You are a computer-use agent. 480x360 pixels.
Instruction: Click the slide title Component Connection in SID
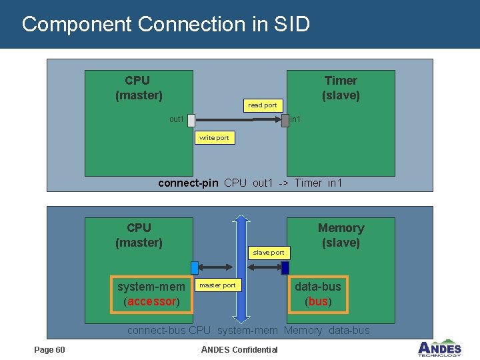click(165, 25)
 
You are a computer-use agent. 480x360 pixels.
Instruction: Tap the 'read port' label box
click(262, 105)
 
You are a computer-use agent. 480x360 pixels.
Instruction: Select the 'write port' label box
click(213, 138)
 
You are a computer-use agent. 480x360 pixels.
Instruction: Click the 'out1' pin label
click(177, 119)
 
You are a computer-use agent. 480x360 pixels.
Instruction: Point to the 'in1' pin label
click(295, 119)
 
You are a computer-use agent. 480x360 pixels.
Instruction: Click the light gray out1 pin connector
click(191, 120)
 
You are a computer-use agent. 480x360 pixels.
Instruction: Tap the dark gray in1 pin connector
click(285, 120)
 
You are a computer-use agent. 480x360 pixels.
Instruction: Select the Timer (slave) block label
click(341, 88)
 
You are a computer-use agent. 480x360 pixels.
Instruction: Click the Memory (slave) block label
click(341, 235)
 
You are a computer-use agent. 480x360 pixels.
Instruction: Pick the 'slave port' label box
click(268, 252)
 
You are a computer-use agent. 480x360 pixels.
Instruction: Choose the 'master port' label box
click(217, 285)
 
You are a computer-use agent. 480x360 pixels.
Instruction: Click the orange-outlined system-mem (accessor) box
click(151, 294)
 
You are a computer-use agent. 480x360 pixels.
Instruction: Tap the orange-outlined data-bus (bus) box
click(318, 294)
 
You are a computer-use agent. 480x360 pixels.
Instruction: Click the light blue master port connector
click(195, 267)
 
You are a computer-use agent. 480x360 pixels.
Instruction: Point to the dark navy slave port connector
click(285, 267)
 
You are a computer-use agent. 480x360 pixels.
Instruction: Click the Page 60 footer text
click(50, 350)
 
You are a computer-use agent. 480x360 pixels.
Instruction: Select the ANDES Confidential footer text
click(239, 350)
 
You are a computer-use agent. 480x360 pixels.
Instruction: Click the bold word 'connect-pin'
click(188, 183)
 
